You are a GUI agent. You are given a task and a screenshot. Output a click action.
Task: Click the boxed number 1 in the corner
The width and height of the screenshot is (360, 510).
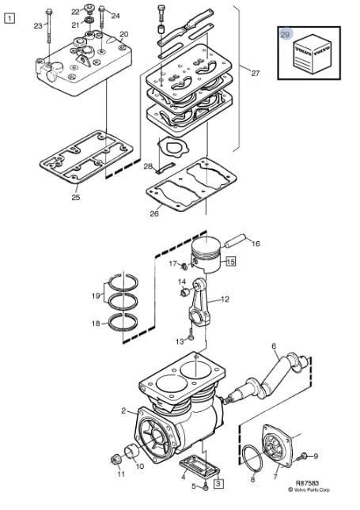click(x=9, y=18)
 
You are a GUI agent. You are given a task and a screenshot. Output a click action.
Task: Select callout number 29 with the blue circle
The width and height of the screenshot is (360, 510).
click(x=285, y=34)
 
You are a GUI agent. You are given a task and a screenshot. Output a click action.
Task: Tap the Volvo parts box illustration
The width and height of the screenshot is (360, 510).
click(x=313, y=56)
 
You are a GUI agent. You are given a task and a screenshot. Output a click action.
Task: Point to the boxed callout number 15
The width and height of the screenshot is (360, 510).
click(x=230, y=261)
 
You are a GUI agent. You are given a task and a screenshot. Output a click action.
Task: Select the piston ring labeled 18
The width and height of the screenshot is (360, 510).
click(x=123, y=323)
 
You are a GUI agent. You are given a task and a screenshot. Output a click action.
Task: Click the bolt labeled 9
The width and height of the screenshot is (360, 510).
click(x=302, y=456)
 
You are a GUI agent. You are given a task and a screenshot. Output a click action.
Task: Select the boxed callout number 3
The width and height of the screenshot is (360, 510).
click(x=218, y=483)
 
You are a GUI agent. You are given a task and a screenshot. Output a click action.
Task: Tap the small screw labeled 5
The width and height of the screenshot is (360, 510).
click(x=205, y=487)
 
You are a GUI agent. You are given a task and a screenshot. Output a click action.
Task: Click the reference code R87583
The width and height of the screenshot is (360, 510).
click(x=307, y=483)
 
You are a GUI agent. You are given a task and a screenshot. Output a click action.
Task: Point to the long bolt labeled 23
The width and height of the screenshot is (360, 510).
click(x=49, y=27)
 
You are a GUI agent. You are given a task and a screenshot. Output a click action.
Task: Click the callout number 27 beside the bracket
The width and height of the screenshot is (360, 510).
click(x=256, y=73)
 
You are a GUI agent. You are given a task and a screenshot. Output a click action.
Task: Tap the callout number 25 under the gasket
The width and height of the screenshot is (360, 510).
click(x=76, y=197)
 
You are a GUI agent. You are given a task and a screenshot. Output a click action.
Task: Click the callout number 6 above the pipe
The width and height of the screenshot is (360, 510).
click(x=274, y=346)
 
